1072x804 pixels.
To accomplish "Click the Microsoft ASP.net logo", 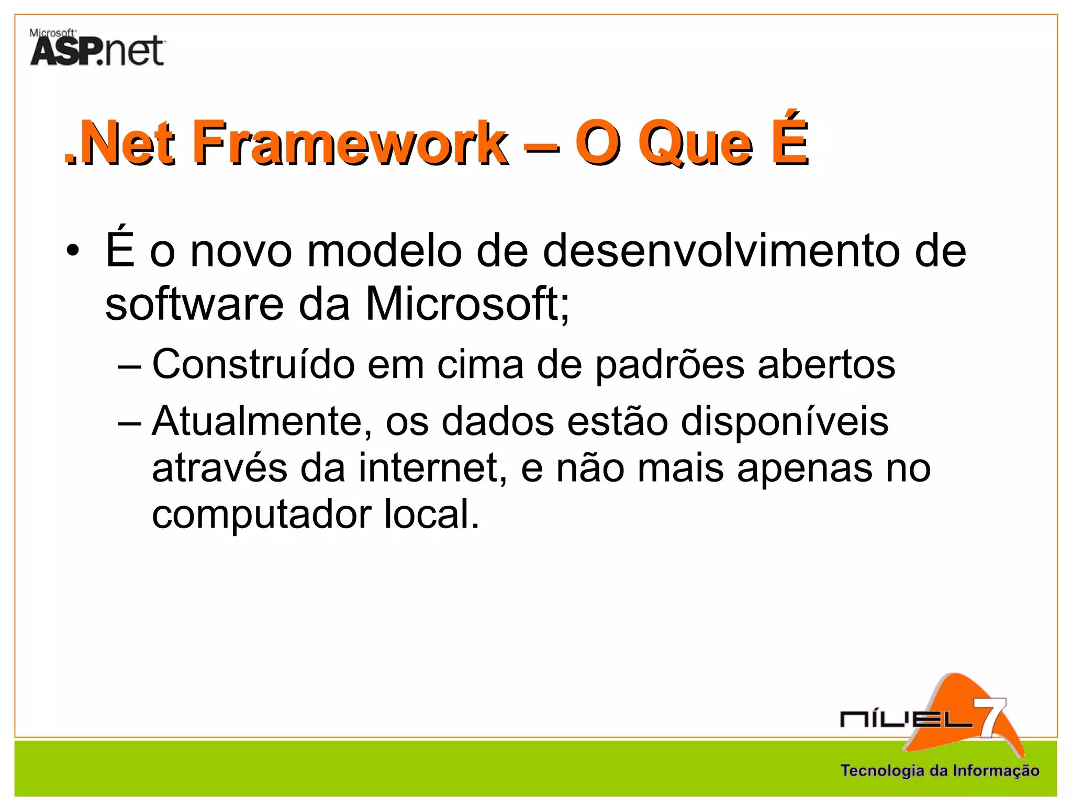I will pos(97,48).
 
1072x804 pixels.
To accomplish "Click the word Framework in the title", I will pos(351,142).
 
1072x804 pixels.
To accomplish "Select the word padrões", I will pos(669,365).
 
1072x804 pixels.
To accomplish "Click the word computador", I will pos(262,515).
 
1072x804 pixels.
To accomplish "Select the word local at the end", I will pos(431,514).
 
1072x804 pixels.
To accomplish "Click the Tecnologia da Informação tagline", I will pos(940,770).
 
